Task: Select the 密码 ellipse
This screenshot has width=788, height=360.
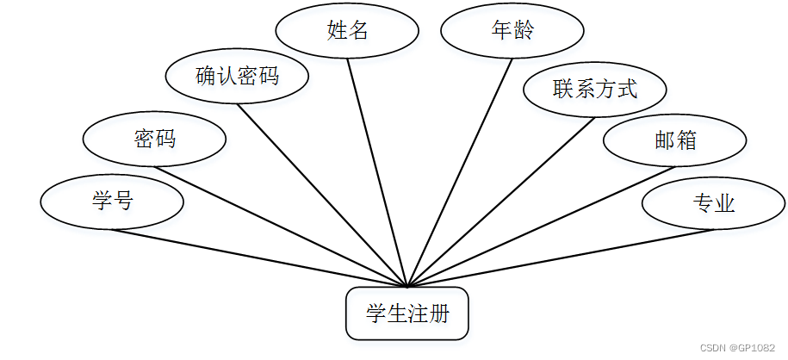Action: tap(155, 138)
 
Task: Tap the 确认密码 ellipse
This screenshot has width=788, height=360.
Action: tap(237, 76)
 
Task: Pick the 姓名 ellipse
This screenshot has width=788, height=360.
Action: tap(347, 30)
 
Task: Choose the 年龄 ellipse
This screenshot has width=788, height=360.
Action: tap(512, 30)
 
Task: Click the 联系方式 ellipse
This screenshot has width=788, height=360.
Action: tap(595, 88)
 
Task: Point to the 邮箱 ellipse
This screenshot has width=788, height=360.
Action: tap(674, 140)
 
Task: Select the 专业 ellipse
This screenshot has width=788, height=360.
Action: tap(713, 203)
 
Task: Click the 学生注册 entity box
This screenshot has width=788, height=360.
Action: tap(407, 313)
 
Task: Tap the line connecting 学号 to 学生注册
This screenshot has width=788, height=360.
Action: tap(258, 258)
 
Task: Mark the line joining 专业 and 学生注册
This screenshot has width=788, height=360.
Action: tap(560, 258)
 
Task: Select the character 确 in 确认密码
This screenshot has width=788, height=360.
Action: tap(206, 76)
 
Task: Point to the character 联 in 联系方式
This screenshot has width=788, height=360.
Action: tap(564, 88)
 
